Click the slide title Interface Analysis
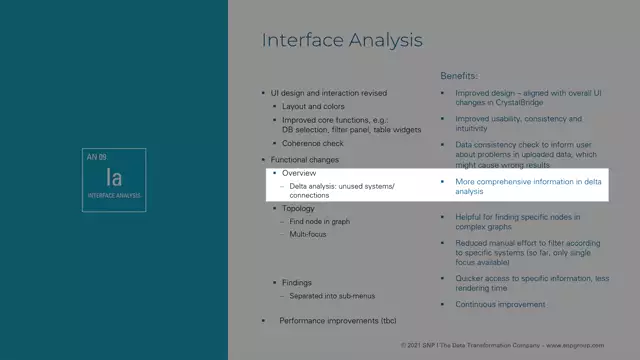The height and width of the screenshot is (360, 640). tap(341, 41)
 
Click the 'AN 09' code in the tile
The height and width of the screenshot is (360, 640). tap(97, 158)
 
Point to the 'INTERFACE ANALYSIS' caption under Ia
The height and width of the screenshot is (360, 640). tap(114, 195)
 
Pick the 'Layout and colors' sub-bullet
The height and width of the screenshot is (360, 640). tap(313, 106)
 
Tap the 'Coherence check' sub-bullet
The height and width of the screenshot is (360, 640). tap(313, 143)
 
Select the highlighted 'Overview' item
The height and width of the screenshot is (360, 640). tap(299, 173)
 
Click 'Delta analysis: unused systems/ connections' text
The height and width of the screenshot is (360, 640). tap(342, 191)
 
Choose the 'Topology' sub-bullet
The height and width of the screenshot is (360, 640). tap(298, 208)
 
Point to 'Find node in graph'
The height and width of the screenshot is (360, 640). tap(319, 221)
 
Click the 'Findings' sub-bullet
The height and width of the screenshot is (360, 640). tap(297, 283)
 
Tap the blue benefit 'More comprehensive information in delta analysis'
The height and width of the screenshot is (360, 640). tap(528, 186)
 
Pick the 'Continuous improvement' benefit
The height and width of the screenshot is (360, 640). tap(500, 304)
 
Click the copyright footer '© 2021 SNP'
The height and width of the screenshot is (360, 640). tap(420, 345)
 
